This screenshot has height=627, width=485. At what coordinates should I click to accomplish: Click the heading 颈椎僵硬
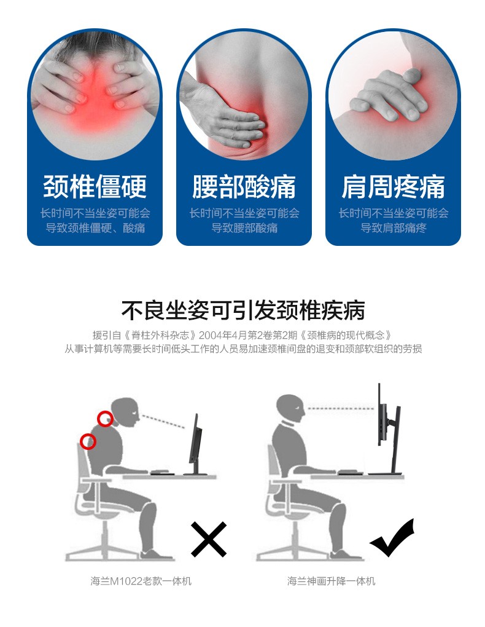tap(95, 186)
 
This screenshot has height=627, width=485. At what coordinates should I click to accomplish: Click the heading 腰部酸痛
tap(244, 186)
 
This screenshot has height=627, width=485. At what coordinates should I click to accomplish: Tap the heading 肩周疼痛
tap(393, 186)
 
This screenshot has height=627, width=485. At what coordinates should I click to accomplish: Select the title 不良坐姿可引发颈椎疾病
tap(243, 310)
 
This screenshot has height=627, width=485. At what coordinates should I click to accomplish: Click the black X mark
tap(209, 539)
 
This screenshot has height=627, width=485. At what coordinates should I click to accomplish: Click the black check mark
tap(392, 538)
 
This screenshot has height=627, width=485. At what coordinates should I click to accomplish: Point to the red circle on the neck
tap(104, 419)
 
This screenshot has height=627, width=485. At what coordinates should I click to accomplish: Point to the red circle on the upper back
tap(88, 441)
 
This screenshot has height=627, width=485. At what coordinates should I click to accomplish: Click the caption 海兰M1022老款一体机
tap(141, 581)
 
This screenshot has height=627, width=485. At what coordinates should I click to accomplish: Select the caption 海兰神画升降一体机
tap(331, 581)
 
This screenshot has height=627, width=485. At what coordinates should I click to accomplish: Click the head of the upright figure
tap(290, 408)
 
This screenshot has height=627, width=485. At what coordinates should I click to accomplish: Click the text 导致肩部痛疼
tap(394, 228)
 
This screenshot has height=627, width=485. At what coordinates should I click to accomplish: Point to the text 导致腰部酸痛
tap(244, 228)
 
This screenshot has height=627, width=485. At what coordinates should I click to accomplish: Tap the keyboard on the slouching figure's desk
tap(162, 473)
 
